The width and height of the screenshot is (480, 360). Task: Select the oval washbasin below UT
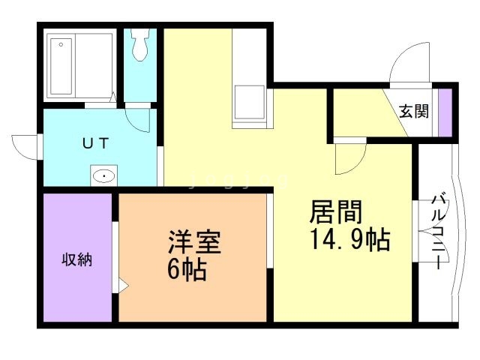coord(103,176)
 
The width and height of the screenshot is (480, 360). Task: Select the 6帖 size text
coord(187,269)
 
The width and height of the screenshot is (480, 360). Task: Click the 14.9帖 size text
coord(349,241)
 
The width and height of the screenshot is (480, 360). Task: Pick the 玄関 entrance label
coord(413,112)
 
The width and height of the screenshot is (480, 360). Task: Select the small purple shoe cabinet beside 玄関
coord(445,112)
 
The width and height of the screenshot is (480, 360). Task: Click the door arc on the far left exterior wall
coord(24,144)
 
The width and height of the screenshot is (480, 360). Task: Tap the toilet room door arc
coord(140,118)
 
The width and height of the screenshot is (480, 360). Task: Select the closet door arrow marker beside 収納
coord(121,285)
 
